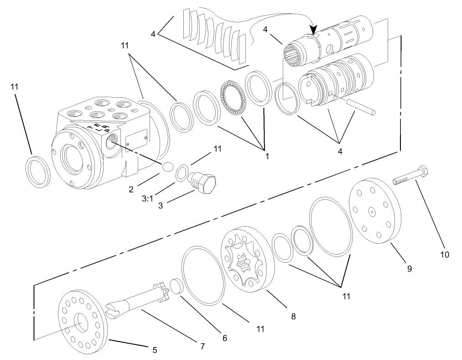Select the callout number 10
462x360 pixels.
[x=444, y=255]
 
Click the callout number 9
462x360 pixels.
[x=409, y=269]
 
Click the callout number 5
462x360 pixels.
[x=155, y=350]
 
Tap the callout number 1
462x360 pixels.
[x=266, y=156]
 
